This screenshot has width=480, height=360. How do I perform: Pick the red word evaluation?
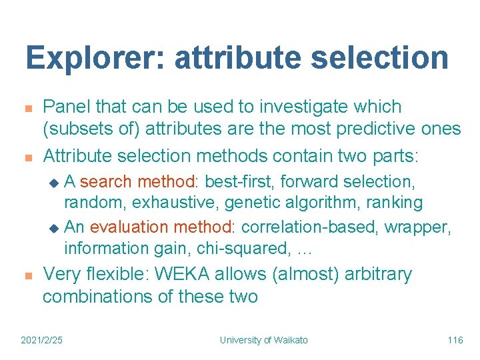126,227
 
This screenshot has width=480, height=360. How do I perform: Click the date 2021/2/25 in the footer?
42,341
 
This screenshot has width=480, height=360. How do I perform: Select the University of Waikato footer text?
264,341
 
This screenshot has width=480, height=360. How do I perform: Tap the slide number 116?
455,341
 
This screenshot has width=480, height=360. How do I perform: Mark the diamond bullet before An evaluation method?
55,229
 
